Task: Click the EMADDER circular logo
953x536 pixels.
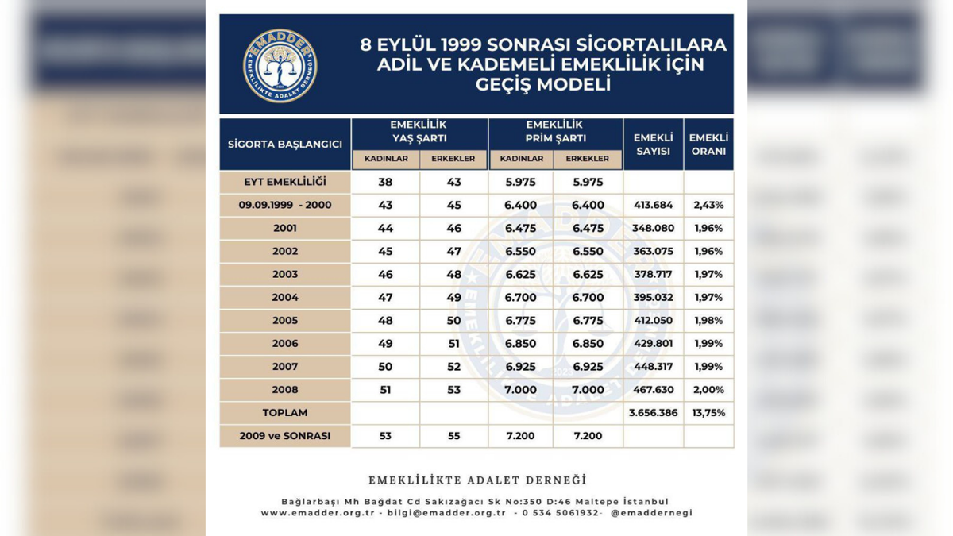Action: click(x=280, y=66)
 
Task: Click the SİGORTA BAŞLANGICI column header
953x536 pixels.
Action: click(x=285, y=145)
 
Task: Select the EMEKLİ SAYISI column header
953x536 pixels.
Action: click(x=653, y=145)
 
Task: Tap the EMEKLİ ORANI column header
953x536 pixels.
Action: click(x=708, y=145)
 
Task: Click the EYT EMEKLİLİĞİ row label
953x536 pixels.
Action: click(x=285, y=182)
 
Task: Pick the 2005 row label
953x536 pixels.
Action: click(x=285, y=321)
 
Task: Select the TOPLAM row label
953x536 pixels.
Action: click(x=285, y=413)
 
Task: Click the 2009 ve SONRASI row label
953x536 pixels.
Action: click(x=285, y=436)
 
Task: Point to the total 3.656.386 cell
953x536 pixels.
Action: click(x=653, y=413)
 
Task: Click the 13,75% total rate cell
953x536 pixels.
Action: click(x=708, y=413)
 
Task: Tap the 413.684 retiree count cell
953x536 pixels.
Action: click(x=653, y=205)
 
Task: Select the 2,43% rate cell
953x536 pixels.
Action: click(x=708, y=205)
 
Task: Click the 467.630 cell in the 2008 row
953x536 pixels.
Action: click(x=653, y=390)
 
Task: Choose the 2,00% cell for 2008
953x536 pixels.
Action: click(x=708, y=390)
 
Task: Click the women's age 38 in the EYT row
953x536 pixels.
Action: click(x=385, y=182)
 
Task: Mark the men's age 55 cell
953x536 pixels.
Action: click(x=453, y=436)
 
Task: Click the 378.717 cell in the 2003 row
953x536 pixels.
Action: click(x=653, y=275)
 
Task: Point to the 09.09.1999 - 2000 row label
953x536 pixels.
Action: click(x=285, y=205)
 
